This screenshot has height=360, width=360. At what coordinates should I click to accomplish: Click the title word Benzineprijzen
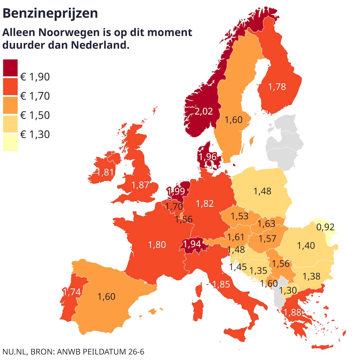coord(50,13)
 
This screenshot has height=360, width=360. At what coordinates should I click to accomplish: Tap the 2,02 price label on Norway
coord(204,111)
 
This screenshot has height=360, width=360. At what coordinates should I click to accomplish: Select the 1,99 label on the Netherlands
coord(176,191)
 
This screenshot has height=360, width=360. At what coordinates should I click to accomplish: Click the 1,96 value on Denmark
coord(207,157)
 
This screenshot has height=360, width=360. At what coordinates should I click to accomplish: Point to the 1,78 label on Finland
coord(277,86)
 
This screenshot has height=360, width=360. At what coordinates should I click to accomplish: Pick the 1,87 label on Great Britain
coord(140,185)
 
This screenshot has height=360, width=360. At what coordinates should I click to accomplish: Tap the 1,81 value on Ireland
coord(105,172)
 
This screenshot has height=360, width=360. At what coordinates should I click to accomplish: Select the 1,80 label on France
coord(157,244)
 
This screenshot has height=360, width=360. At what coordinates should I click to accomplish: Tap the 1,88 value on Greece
coord(293,312)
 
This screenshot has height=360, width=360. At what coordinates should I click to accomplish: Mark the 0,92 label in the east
coord(325,227)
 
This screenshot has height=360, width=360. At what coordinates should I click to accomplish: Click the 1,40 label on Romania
coord(306,246)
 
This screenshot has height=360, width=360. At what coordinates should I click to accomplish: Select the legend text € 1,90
coord(35,77)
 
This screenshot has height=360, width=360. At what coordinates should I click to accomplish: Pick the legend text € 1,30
coord(35,134)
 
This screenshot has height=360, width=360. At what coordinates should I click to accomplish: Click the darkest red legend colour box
coord(10,67)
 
